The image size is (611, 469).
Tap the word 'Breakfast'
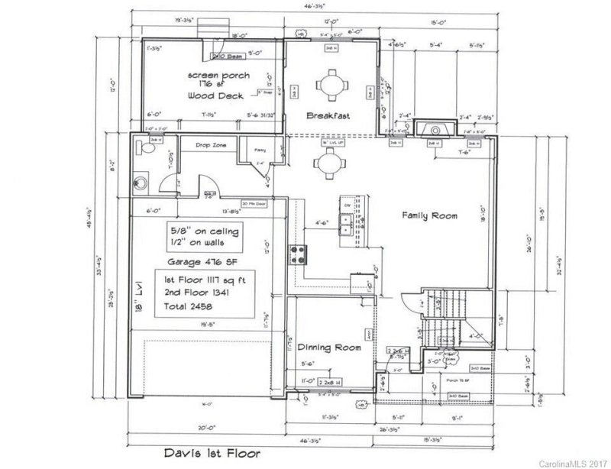coord(328,116)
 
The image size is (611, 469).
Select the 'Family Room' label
coord(430,216)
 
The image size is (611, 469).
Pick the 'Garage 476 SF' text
coord(202,260)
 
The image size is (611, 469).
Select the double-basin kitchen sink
coord(346,223)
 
